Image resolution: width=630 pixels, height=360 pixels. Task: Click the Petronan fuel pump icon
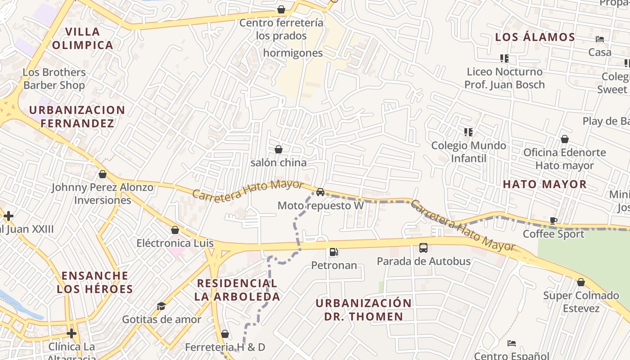(334, 252)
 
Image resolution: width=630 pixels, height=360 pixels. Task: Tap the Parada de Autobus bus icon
(423, 247)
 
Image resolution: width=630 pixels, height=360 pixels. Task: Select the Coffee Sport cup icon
(553, 220)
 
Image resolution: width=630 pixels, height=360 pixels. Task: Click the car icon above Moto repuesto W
(320, 192)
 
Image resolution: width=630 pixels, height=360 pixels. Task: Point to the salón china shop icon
(279, 149)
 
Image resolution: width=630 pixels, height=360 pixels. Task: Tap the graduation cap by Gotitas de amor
(161, 306)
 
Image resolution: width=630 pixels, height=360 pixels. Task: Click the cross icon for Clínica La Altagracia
(71, 333)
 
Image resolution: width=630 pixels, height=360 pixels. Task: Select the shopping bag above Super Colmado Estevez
(581, 282)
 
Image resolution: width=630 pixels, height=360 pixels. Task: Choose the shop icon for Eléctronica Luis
(175, 230)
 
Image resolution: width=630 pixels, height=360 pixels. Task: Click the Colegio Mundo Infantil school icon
(468, 132)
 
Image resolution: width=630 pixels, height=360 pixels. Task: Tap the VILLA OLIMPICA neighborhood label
(82, 38)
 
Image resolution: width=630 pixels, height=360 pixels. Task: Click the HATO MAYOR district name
(544, 184)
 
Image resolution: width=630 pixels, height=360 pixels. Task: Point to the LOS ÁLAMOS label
(535, 37)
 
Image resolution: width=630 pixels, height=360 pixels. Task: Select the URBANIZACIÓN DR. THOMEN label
(364, 310)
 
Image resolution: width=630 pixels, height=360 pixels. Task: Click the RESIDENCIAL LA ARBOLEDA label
(237, 290)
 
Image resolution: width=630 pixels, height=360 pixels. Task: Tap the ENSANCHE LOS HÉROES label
(95, 282)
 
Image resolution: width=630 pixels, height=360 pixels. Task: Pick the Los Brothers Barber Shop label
(54, 79)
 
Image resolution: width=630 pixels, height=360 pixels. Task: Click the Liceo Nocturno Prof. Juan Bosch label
(504, 78)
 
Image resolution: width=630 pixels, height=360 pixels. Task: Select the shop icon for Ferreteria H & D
(225, 334)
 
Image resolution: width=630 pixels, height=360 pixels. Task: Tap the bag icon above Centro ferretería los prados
(281, 9)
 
